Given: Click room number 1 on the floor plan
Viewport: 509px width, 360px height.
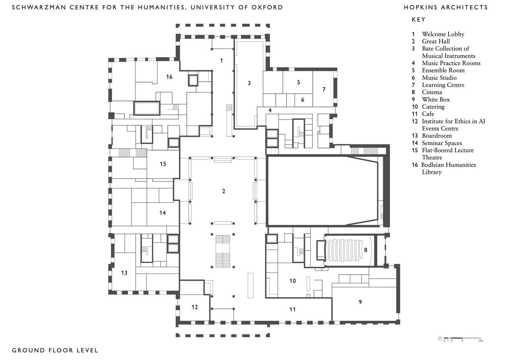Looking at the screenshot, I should click(x=221, y=60).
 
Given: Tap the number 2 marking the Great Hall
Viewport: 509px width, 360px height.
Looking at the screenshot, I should click(x=224, y=191).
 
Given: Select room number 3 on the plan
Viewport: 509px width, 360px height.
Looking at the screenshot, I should click(x=249, y=83).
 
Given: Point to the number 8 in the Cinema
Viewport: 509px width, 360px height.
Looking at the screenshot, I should click(x=365, y=249).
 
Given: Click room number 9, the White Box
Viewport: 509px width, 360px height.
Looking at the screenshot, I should click(x=360, y=302).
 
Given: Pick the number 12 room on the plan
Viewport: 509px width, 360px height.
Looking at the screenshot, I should click(x=194, y=307).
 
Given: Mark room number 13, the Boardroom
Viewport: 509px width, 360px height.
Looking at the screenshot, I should click(x=124, y=273).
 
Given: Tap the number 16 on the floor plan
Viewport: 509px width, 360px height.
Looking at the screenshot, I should click(x=169, y=77).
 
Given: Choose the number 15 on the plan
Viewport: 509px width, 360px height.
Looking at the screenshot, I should click(x=163, y=164).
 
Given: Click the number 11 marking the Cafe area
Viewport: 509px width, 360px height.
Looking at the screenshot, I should click(x=292, y=309).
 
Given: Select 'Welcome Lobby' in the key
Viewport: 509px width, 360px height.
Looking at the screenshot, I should click(x=443, y=34).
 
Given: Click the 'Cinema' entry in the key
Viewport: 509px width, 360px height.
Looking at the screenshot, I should click(x=432, y=92).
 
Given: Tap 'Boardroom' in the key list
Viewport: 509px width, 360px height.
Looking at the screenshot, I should click(x=437, y=136).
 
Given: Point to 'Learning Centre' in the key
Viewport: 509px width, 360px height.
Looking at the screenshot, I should click(x=443, y=85).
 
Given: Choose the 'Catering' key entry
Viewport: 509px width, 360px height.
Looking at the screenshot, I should click(x=433, y=107).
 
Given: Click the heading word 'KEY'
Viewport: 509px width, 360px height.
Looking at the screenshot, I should click(x=418, y=20).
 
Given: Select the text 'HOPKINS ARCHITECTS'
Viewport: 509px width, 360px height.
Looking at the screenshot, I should click(x=446, y=7).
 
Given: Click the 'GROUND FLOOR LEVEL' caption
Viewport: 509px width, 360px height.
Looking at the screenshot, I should click(x=55, y=350).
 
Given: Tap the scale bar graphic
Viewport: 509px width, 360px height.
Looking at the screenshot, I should click(x=462, y=338).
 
